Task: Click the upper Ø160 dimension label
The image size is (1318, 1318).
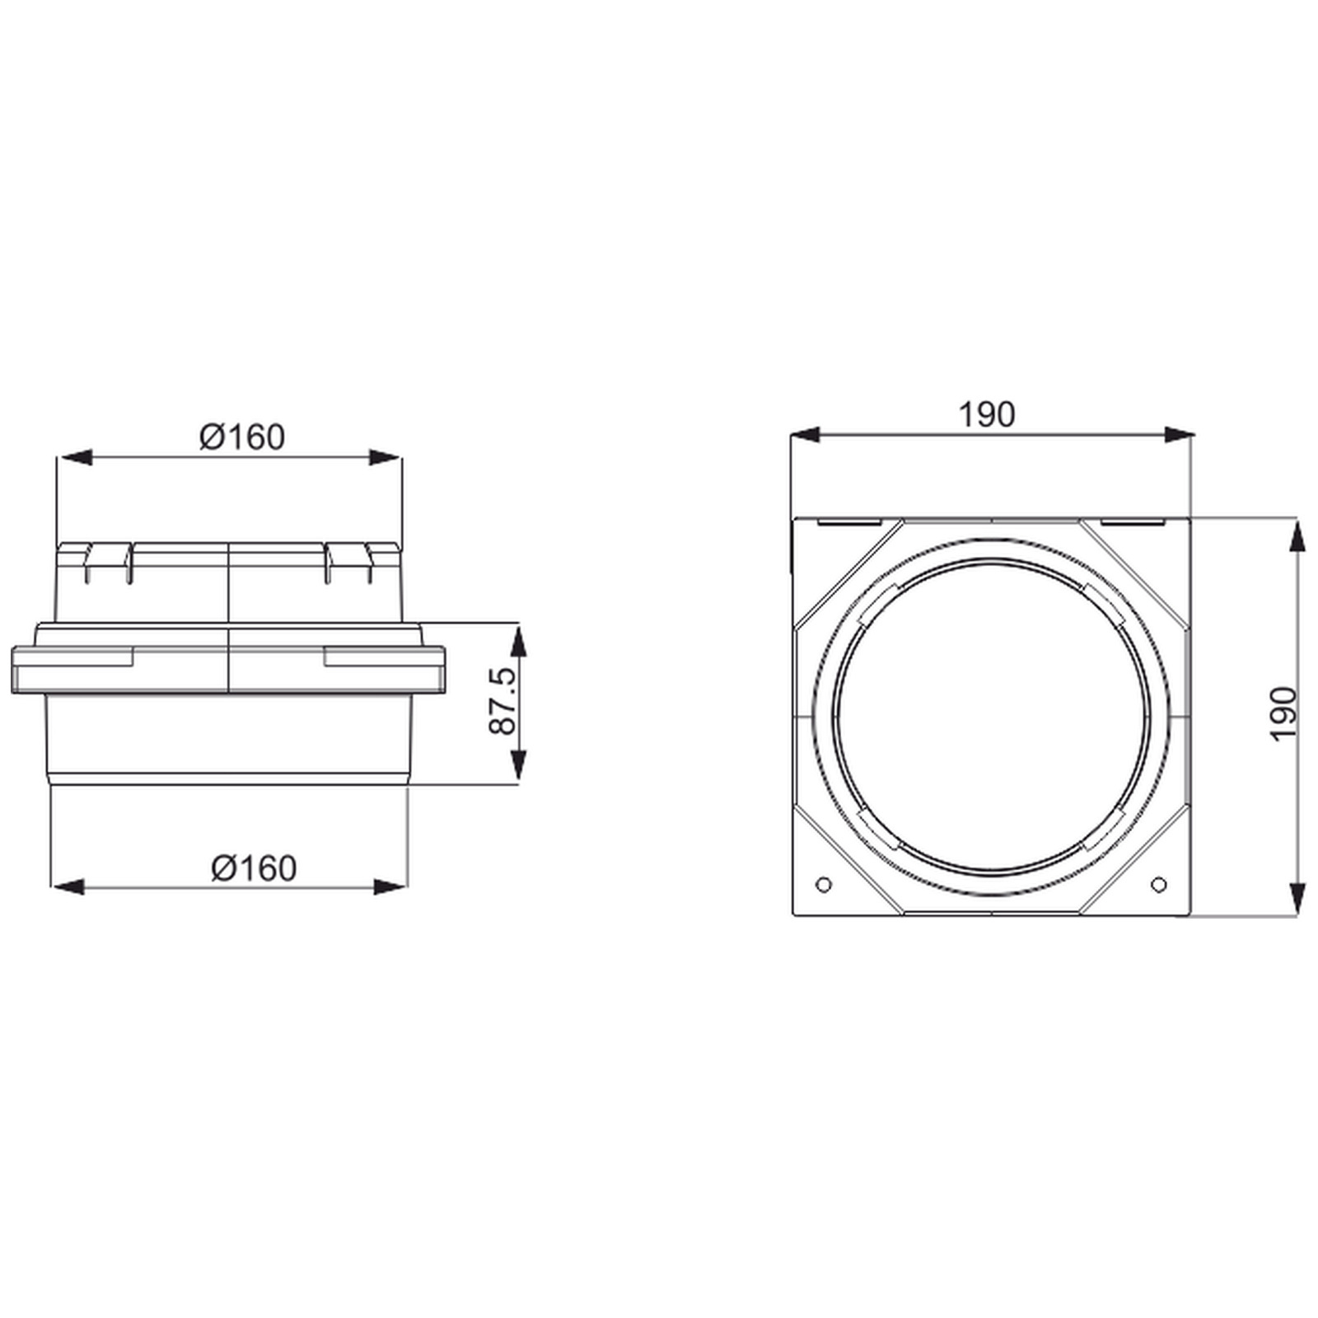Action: coord(242,437)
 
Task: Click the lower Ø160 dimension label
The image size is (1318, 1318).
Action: coord(254,868)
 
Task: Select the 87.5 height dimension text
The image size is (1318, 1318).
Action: coord(502,701)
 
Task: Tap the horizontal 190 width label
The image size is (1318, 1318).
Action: coord(987,415)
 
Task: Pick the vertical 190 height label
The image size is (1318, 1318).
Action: coord(1284,713)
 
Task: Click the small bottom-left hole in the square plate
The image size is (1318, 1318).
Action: coord(822,885)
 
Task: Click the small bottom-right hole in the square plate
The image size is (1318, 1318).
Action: coord(1158,885)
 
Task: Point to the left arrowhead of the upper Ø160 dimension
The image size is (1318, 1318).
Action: coord(72,457)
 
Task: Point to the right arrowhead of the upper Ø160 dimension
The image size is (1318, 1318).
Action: coord(386,457)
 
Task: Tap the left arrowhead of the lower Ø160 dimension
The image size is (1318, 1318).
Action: coord(68,887)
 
